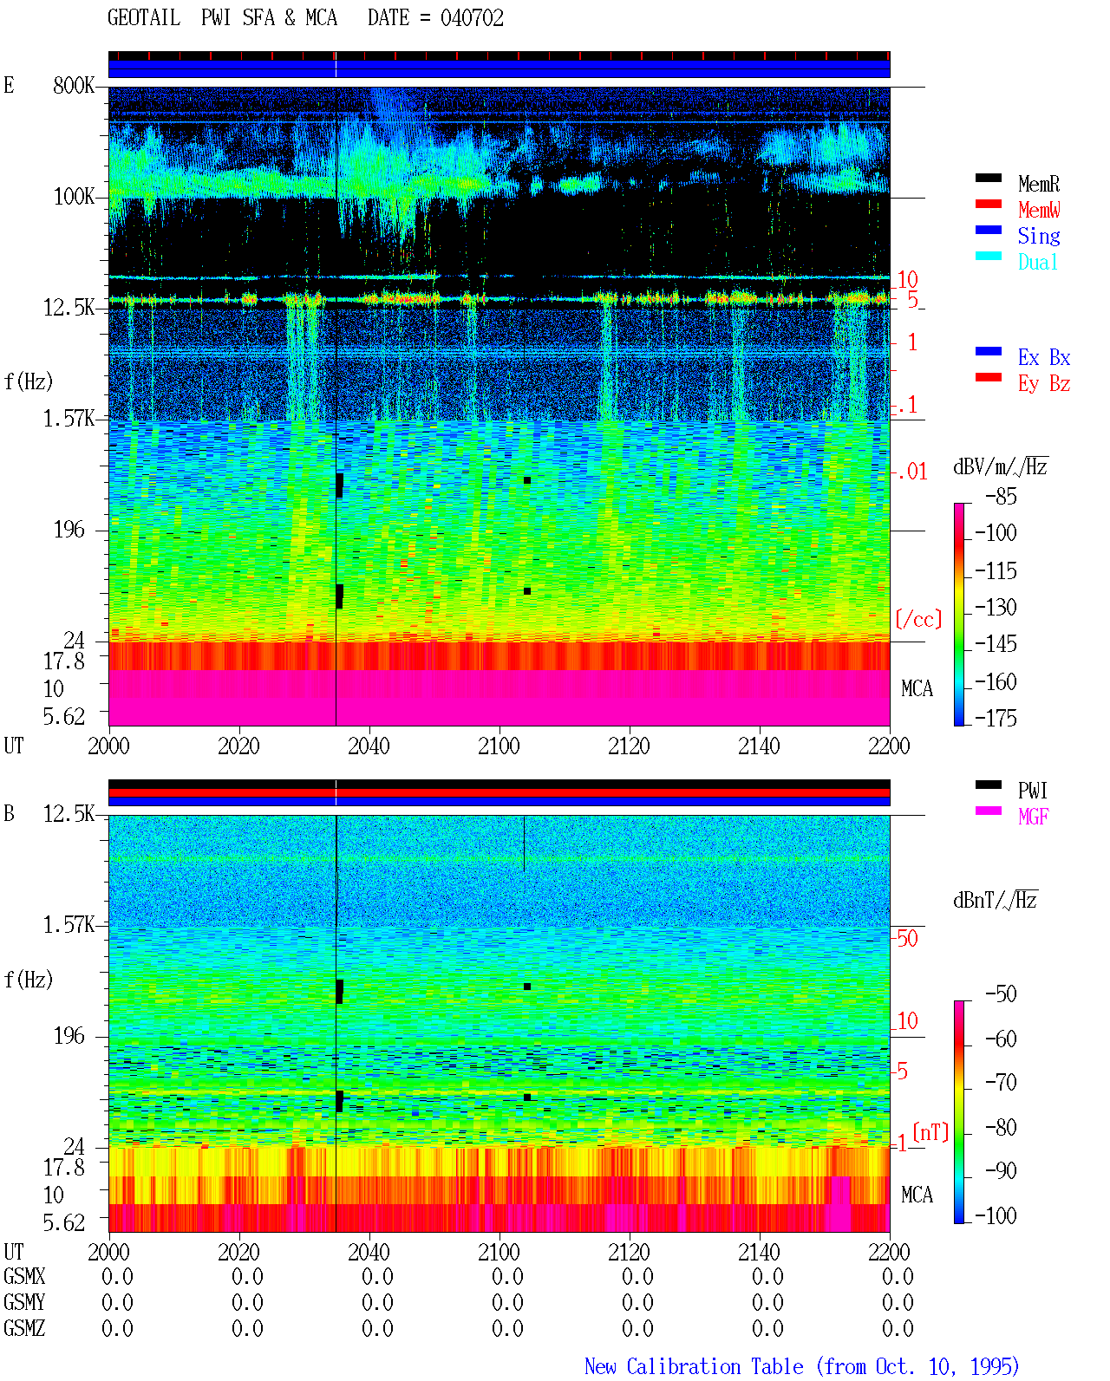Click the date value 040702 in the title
click(472, 18)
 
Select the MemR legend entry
click(1038, 184)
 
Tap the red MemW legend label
click(1038, 210)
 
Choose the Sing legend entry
click(1038, 236)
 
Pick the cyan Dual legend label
click(1037, 262)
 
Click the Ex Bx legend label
click(1043, 357)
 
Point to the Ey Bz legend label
click(1043, 384)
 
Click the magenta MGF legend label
click(1033, 817)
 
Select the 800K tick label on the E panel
click(74, 85)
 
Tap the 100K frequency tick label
click(74, 197)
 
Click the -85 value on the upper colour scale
click(1001, 496)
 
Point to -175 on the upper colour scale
click(996, 718)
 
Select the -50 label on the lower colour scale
click(1001, 994)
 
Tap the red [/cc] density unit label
click(918, 619)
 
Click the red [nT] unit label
click(930, 1132)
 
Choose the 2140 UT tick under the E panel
click(759, 746)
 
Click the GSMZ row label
click(24, 1328)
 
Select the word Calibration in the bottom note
click(715, 1366)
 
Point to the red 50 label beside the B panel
click(907, 939)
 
